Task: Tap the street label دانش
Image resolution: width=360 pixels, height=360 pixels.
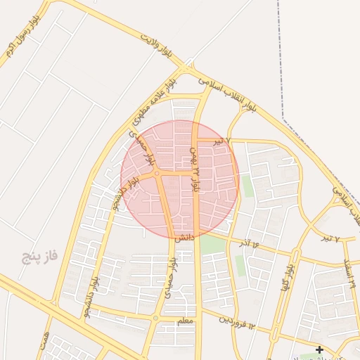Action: [x=184, y=238]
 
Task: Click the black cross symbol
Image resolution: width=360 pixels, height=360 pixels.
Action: [x=319, y=349]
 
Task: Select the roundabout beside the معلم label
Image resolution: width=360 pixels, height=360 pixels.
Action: [x=155, y=318]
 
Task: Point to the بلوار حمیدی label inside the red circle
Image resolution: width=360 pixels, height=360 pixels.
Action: [x=146, y=149]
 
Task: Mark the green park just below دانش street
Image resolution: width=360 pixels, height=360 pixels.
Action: [x=210, y=245]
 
